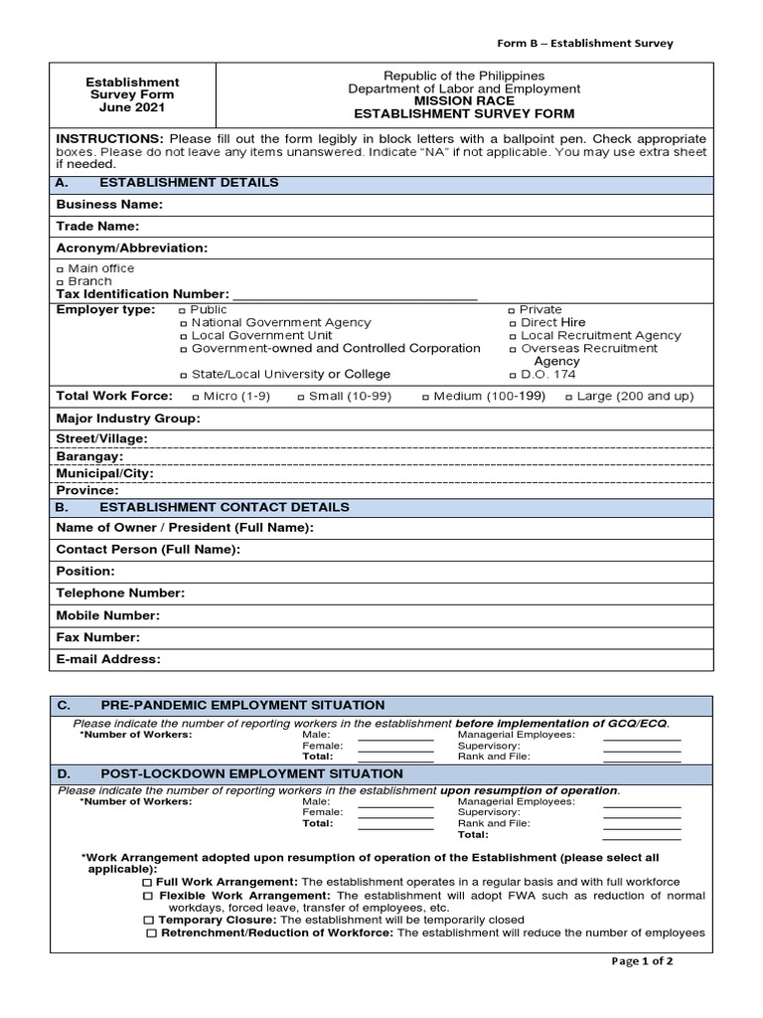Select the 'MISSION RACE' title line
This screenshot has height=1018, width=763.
pyautogui.click(x=464, y=101)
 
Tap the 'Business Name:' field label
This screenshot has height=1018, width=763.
pyautogui.click(x=109, y=205)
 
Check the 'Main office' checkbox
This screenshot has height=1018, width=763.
pyautogui.click(x=61, y=269)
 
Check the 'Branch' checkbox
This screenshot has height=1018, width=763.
pyautogui.click(x=61, y=282)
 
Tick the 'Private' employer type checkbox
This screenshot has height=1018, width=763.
pyautogui.click(x=512, y=310)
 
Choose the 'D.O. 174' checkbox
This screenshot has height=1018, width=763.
pyautogui.click(x=512, y=375)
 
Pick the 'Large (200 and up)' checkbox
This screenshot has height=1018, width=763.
pyautogui.click(x=569, y=397)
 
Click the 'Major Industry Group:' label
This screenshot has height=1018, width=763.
pyautogui.click(x=128, y=419)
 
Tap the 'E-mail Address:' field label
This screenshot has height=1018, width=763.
pyautogui.click(x=107, y=659)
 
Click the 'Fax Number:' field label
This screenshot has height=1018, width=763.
pyautogui.click(x=97, y=637)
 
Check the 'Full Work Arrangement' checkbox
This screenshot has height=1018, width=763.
pyautogui.click(x=147, y=883)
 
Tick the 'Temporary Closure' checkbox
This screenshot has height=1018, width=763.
pyautogui.click(x=147, y=921)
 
